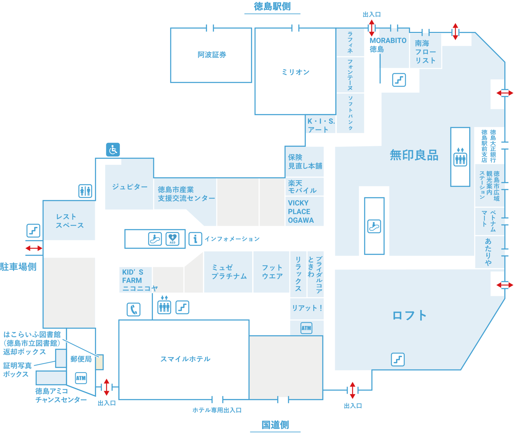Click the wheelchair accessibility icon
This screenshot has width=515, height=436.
[113, 149]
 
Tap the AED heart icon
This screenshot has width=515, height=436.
[172, 238]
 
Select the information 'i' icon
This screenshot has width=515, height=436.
[195, 239]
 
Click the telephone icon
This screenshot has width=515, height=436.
[134, 309]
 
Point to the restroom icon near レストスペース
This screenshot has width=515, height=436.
[85, 191]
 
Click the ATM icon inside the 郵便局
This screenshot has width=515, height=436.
[81, 378]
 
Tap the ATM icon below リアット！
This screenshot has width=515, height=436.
[306, 328]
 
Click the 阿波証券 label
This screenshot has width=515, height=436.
[212, 55]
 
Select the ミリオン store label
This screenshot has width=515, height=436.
[296, 72]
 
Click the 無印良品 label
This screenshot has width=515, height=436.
[414, 155]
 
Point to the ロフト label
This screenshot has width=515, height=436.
[409, 316]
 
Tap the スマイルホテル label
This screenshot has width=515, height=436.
[185, 359]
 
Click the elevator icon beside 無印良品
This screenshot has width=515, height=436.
[460, 159]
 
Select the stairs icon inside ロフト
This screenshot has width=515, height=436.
[398, 359]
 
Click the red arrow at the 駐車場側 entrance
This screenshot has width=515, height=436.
[34, 248]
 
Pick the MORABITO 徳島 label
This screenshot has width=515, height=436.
[388, 45]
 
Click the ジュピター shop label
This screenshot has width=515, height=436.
[130, 186]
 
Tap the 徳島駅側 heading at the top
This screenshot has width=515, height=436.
[272, 6]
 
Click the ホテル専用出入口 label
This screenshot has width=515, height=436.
[217, 410]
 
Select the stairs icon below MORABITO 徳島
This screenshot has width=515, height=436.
[399, 80]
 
